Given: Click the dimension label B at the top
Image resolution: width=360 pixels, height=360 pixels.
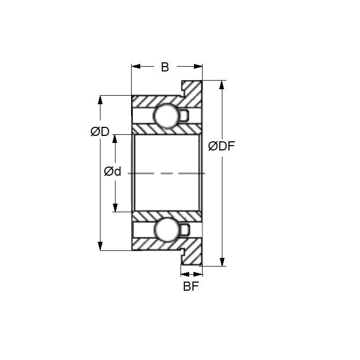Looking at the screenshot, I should click(x=164, y=67).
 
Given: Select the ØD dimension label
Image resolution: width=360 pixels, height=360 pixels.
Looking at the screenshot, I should click(x=100, y=132).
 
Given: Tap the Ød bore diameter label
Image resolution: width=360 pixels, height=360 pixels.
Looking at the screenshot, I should click(x=112, y=172).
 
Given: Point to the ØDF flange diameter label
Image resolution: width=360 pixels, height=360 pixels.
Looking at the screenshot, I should click(x=222, y=146).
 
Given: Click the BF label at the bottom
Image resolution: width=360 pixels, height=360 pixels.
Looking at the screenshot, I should click(x=191, y=286).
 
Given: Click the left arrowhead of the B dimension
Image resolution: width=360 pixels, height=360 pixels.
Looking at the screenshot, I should click(x=136, y=67).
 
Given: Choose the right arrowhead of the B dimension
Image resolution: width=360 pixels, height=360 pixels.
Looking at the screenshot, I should click(x=198, y=67).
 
